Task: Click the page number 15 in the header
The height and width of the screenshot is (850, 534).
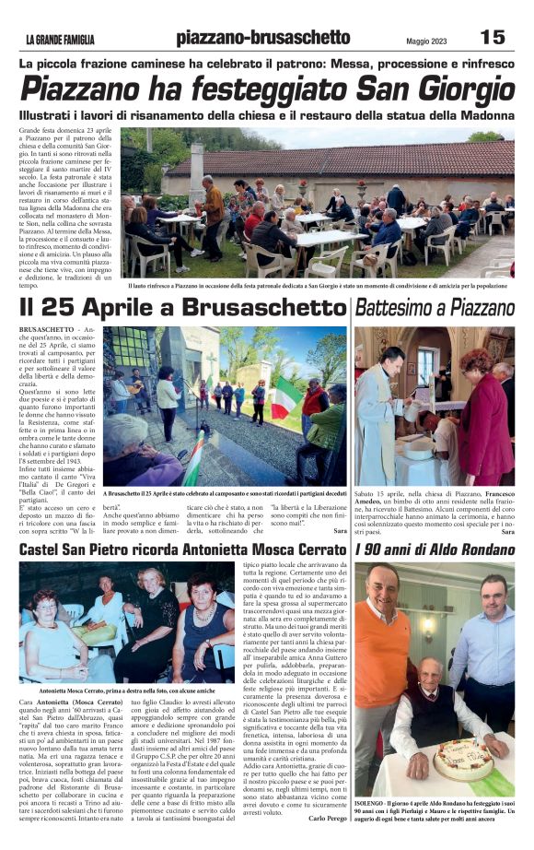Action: pyautogui.click(x=493, y=37)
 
